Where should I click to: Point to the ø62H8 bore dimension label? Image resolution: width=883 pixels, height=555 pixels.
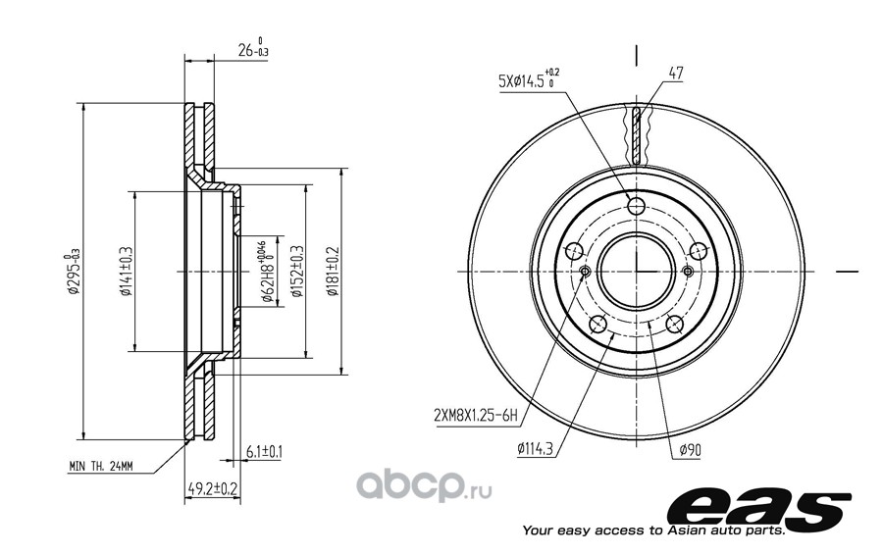pos(269,272)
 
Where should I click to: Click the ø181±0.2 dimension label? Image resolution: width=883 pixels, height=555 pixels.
pos(333,272)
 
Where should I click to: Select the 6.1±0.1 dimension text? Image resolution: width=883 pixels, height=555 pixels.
pos(264,451)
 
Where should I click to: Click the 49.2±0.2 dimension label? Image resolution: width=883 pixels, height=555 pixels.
pos(212,488)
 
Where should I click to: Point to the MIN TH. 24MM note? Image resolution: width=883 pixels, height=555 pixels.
pos(101,467)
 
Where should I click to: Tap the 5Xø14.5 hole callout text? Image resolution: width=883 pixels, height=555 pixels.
pos(529,78)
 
